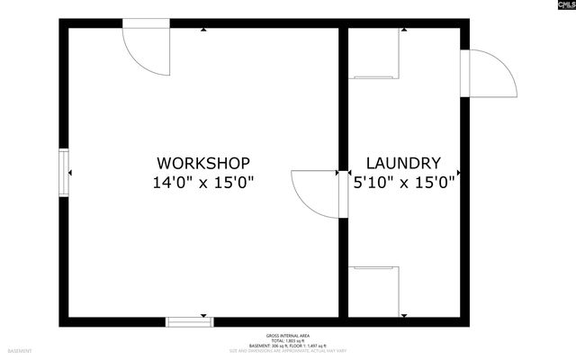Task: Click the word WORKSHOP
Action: [203, 163]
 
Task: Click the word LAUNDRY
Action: [403, 163]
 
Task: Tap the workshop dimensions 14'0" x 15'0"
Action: [203, 183]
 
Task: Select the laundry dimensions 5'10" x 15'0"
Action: [403, 183]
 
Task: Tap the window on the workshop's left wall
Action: [64, 172]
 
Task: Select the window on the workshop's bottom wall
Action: [187, 320]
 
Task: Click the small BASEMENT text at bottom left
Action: [20, 350]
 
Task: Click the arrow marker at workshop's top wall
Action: [204, 31]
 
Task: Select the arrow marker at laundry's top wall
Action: [404, 31]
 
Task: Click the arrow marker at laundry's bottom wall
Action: [404, 313]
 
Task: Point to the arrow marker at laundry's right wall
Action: [458, 172]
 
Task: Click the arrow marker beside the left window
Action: [72, 172]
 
